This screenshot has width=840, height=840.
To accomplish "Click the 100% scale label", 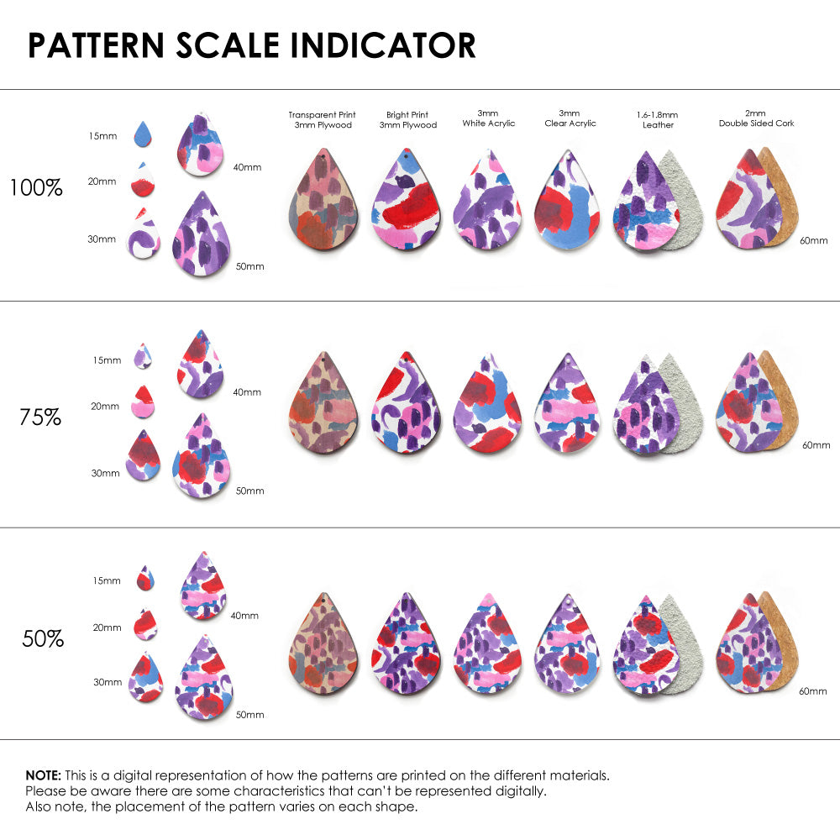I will pos(36,188).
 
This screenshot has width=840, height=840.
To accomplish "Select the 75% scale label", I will pos(40,417).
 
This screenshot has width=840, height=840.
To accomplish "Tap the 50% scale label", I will pos(43,639).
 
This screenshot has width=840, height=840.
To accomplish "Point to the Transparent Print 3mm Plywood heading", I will pos(322,119).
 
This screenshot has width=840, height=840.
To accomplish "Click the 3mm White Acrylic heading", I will pos(488,118).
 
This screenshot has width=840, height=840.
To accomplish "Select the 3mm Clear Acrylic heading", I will pos(570,118).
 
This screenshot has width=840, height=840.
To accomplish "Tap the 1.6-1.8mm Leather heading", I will pos(658,119).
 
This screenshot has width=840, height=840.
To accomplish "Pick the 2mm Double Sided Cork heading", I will pos(756,118).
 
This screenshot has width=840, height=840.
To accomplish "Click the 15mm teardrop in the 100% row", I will pos(144,133).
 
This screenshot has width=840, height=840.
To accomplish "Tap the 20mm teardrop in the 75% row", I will pos(143,402).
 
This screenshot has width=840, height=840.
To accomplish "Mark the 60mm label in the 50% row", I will pos(815,690).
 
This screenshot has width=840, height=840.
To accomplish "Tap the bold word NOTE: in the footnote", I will pos(43,775).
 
